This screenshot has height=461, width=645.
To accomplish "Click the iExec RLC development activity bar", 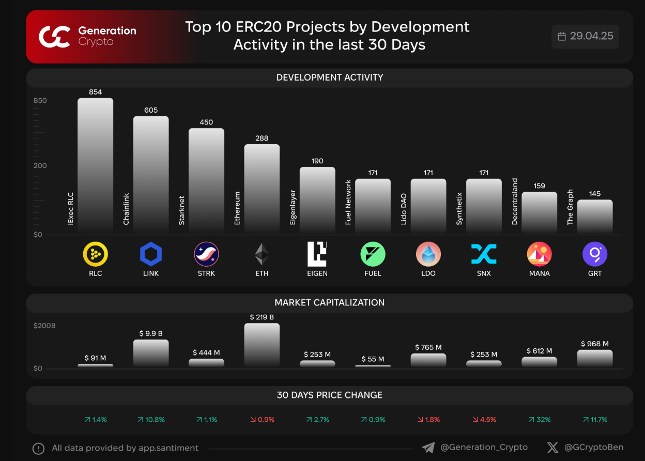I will pos(95,165).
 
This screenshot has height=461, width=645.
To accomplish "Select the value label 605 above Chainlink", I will pos(151,110).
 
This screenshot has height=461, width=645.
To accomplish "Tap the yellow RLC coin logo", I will pos(96,254).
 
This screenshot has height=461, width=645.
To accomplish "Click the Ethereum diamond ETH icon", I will pos(262,254).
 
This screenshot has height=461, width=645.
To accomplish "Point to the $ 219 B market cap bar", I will pos(262,345).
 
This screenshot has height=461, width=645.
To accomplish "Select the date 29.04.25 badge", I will pos(585,36).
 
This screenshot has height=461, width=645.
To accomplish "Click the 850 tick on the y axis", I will pos(40,101).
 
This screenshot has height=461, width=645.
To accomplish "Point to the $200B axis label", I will pos(44,326).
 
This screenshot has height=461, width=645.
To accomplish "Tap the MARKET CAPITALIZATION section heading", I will pos(329,303).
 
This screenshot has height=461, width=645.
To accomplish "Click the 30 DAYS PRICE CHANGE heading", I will pos(329,395).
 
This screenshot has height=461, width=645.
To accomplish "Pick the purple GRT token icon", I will pos(594,254).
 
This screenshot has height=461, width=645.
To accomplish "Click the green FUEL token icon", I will pos(373,254).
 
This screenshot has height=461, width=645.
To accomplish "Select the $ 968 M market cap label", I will pos(594,344).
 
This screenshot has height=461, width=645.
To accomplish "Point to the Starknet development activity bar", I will pos(206,181).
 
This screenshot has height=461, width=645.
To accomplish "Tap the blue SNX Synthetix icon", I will pos(484,254).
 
